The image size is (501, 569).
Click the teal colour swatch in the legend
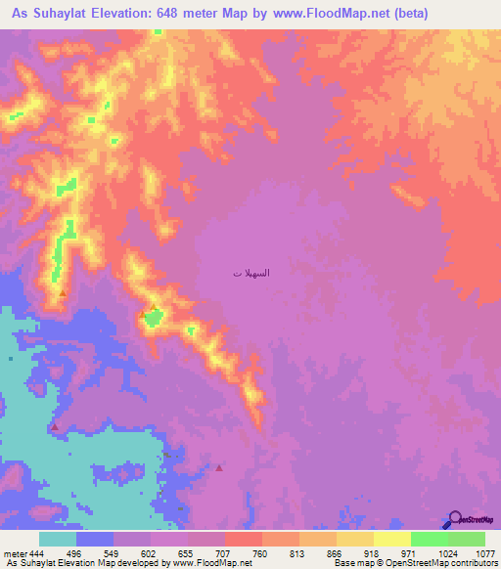[x=58, y=539]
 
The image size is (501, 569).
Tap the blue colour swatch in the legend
[x=95, y=539]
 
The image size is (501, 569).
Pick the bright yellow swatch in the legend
[x=392, y=539]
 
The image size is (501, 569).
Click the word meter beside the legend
[x=14, y=553]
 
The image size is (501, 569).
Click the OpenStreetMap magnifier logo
[x=455, y=519]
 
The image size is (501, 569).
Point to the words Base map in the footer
[x=348, y=563]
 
